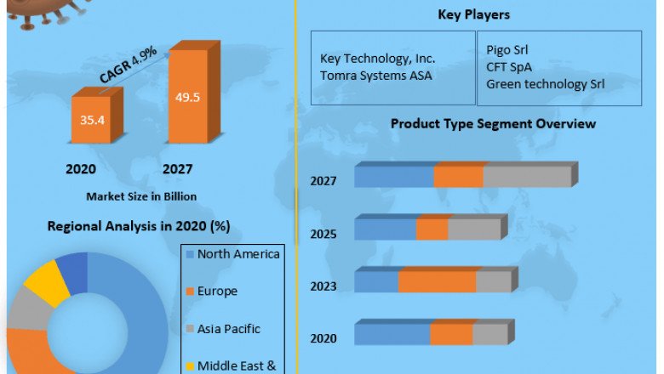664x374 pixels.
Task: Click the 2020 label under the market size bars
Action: [x=81, y=169]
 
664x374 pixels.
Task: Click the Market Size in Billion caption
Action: [x=141, y=196]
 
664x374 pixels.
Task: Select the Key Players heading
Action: [x=473, y=14]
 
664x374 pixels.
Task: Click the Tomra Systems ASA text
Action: [x=375, y=76]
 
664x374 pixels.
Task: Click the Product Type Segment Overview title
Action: [x=493, y=124]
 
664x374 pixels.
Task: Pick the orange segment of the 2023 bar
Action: [x=437, y=282]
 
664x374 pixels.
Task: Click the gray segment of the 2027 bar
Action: [x=526, y=177]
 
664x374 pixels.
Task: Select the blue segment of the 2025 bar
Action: [x=385, y=229]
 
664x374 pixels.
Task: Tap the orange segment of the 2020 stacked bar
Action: [x=450, y=335]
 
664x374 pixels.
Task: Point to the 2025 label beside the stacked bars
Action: [x=323, y=235]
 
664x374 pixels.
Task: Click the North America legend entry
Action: [x=238, y=254]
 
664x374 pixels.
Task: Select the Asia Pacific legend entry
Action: [x=228, y=328]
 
